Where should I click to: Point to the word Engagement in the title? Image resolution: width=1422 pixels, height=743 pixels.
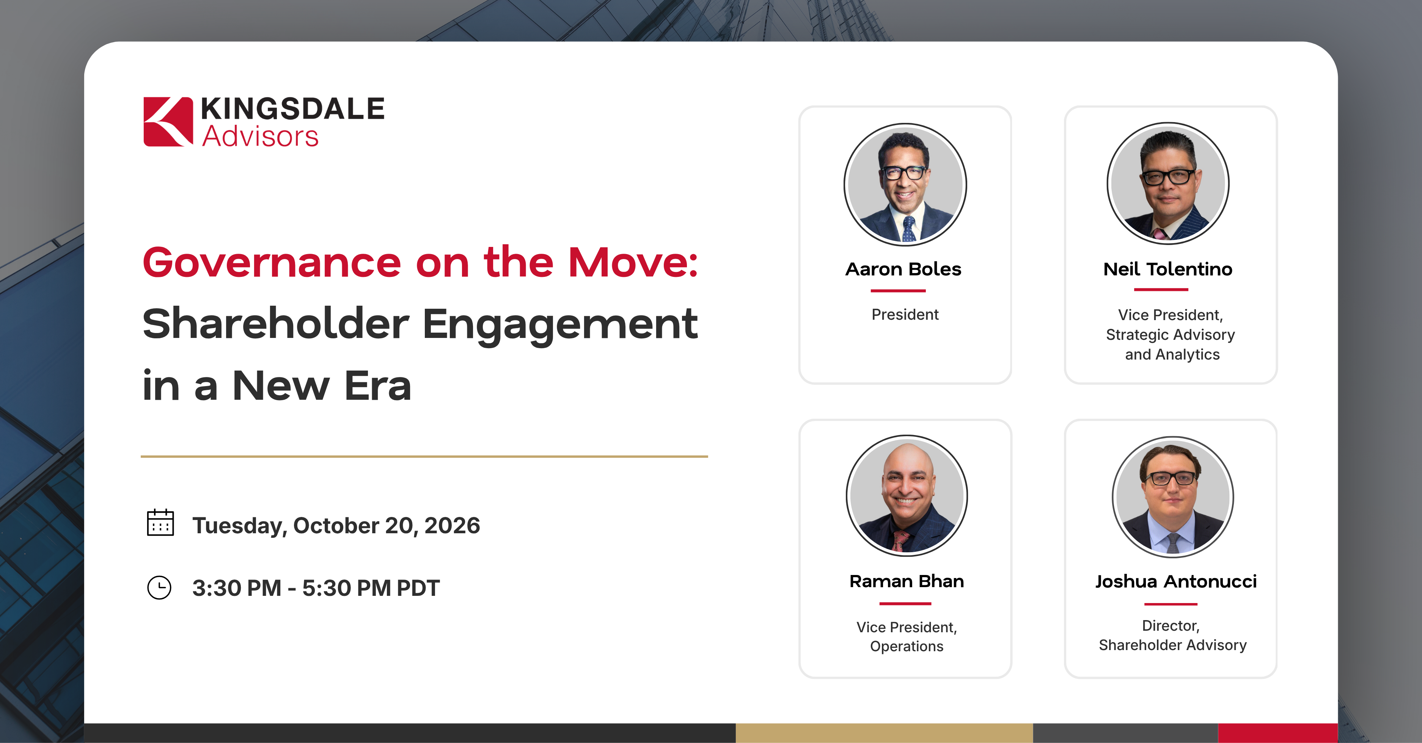560,326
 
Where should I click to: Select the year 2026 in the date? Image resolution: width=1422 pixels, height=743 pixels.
453,526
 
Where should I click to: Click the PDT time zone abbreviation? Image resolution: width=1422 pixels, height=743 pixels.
418,588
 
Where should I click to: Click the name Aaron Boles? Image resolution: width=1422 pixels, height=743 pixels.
903,269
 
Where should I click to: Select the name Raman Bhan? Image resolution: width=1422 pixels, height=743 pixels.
907,581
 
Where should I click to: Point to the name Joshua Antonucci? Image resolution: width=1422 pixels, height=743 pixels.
1176,582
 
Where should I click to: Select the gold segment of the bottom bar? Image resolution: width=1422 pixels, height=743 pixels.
884,733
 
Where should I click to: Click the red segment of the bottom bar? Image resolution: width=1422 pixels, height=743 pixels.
1278,733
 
